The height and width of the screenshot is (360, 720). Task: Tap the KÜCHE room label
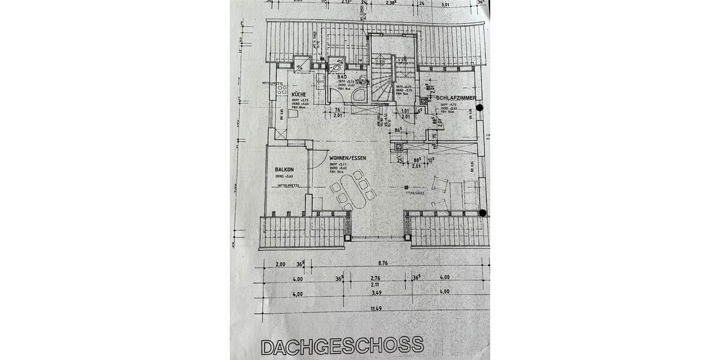coord(299,95)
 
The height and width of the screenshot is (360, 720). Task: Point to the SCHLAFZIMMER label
coord(457,97)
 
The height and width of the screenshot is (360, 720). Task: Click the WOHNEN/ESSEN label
coord(347,158)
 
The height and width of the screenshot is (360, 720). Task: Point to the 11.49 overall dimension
coord(376,308)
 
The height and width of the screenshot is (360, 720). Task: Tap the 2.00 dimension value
coord(280,263)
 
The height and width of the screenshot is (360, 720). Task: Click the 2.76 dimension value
coord(376,278)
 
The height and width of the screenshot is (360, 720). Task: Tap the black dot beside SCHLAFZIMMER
coord(479,108)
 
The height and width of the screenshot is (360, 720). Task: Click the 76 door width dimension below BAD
coord(338,109)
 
